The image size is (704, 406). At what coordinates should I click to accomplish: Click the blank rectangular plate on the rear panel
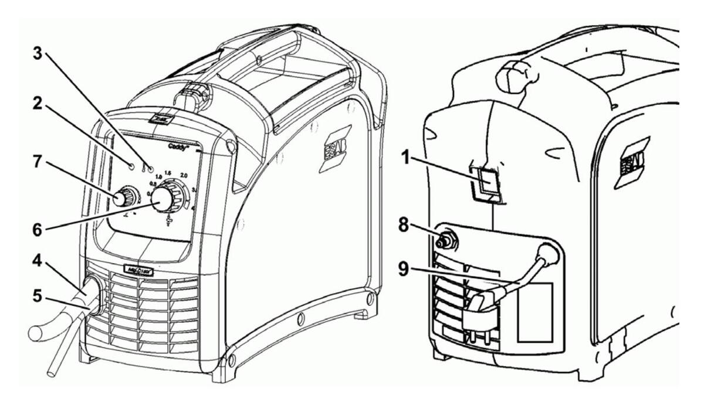(x=534, y=312)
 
